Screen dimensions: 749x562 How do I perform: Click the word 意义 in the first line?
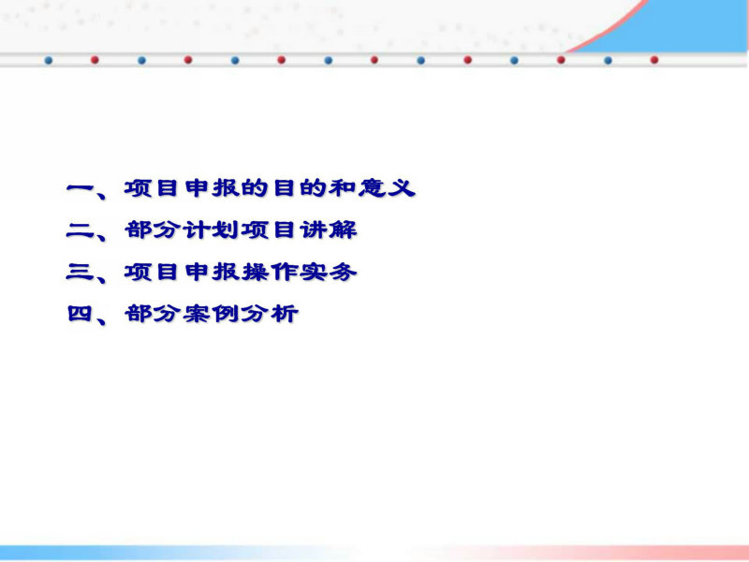[387, 188]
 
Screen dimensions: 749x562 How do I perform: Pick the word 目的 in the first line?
[299, 188]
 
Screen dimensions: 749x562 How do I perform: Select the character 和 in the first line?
[342, 188]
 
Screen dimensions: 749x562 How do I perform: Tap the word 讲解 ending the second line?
[329, 229]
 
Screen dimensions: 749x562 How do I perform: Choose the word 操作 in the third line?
[270, 272]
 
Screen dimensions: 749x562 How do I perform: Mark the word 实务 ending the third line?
[329, 272]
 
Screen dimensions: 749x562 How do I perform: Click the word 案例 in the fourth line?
[212, 314]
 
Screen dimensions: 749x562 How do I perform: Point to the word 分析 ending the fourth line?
[270, 314]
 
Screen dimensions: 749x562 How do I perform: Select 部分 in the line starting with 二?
[153, 229]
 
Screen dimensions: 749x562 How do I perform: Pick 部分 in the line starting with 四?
[153, 314]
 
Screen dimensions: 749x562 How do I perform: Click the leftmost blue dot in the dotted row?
[49, 60]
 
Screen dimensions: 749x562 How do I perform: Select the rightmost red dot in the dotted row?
[654, 60]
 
